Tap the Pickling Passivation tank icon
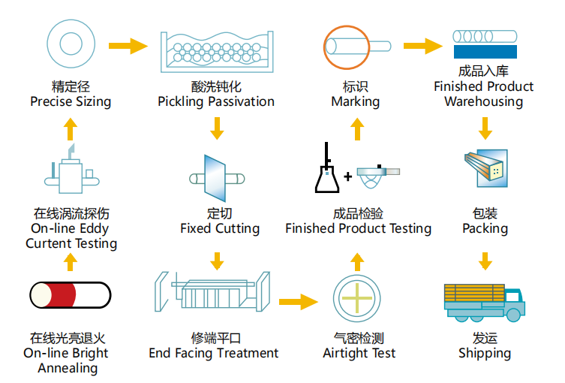click(x=216, y=49)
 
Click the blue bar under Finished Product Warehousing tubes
click(x=484, y=51)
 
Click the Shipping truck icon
click(x=484, y=301)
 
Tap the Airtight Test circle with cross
click(x=357, y=300)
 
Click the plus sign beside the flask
click(x=348, y=178)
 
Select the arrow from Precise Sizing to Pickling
click(x=129, y=46)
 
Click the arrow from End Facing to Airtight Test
click(x=298, y=302)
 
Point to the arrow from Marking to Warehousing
click(x=422, y=46)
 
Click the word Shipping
click(x=485, y=353)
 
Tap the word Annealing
click(x=68, y=368)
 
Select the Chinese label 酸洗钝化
click(x=216, y=87)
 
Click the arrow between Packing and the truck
click(x=485, y=260)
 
